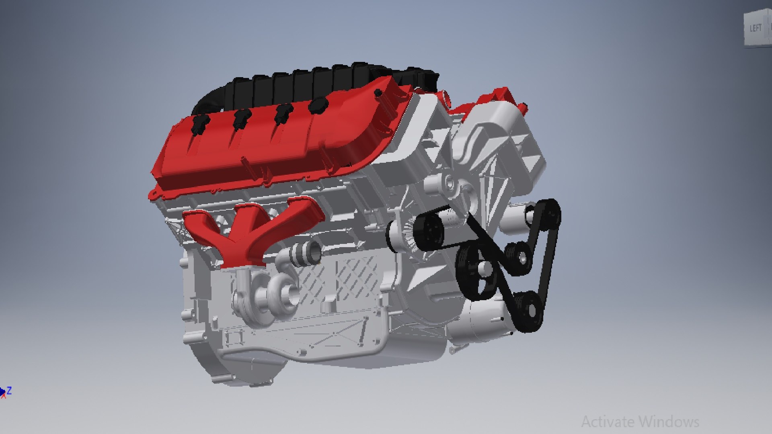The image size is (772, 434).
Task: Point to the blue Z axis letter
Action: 9,390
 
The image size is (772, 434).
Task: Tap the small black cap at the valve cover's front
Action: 378,93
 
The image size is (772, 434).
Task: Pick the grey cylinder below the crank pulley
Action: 478,317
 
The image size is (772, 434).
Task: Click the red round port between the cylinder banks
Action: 446,96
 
